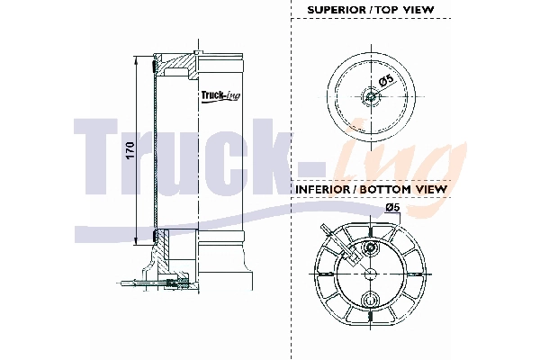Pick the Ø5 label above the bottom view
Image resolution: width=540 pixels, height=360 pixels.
(x=393, y=208)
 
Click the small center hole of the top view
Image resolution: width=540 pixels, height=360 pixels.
(x=369, y=97)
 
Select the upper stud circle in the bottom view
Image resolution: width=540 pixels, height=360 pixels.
(x=368, y=247)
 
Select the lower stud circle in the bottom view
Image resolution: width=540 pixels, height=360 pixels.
(x=368, y=299)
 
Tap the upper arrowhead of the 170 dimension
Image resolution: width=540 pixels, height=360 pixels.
(x=136, y=60)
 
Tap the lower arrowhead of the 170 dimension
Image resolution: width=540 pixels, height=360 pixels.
(x=136, y=240)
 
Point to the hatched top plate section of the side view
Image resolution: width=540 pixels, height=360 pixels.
(x=179, y=65)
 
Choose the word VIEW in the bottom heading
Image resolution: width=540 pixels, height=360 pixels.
(x=430, y=190)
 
